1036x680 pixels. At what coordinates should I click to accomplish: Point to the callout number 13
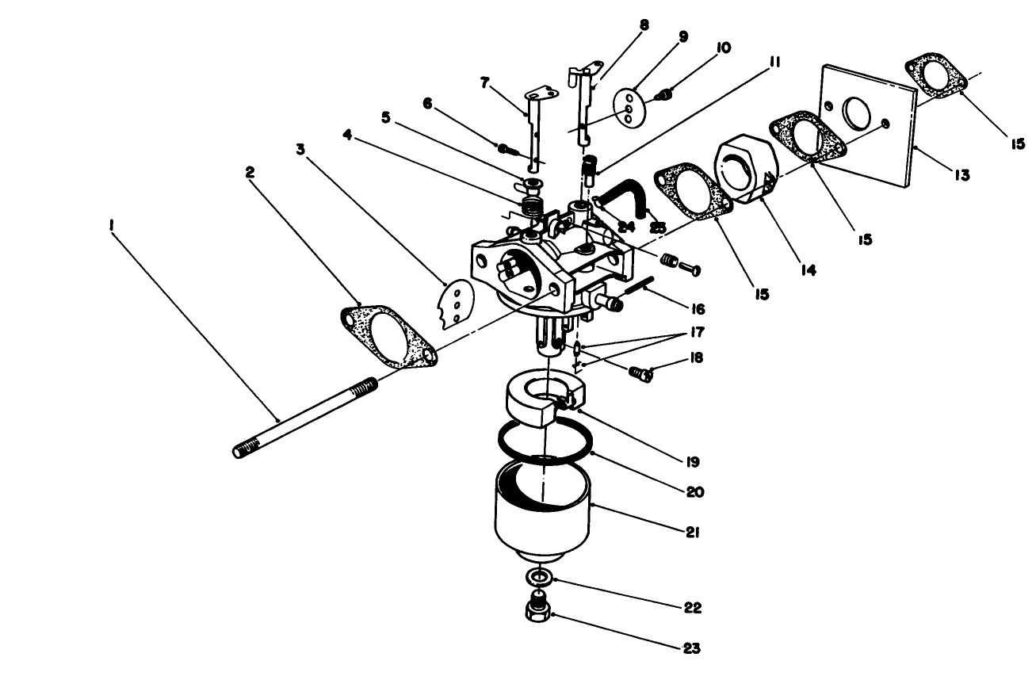click(x=961, y=176)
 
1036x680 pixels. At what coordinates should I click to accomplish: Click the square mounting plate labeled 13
click(x=868, y=123)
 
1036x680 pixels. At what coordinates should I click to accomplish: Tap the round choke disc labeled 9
click(x=630, y=107)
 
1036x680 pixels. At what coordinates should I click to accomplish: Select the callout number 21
click(x=693, y=532)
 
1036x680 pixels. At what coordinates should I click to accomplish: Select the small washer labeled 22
click(x=539, y=576)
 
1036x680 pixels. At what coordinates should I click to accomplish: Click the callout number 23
click(x=692, y=648)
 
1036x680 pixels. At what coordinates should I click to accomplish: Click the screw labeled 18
click(x=640, y=372)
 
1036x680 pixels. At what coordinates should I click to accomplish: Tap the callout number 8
click(x=644, y=25)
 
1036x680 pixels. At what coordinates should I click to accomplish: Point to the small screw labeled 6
click(x=508, y=147)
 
